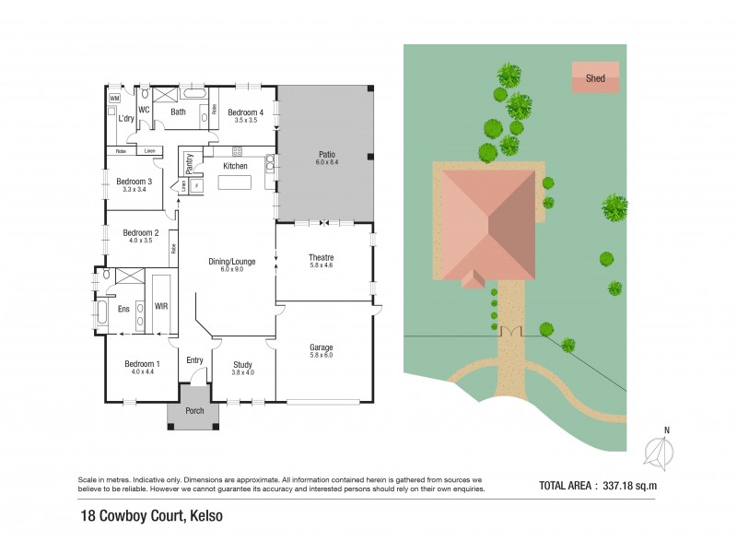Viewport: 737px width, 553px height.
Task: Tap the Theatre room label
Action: (x=322, y=257)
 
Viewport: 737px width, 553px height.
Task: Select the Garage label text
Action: (x=322, y=347)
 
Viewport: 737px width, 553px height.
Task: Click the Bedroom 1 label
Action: (x=143, y=364)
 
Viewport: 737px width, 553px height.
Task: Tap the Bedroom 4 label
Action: (x=246, y=112)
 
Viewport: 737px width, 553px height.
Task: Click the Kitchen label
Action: (x=236, y=166)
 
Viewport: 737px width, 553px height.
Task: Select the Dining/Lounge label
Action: (x=237, y=262)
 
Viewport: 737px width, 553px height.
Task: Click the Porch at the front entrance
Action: (x=194, y=411)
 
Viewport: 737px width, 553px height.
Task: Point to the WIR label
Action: (x=161, y=305)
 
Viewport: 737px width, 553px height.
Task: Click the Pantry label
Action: (x=190, y=163)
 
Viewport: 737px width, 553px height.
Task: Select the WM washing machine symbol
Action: (x=115, y=98)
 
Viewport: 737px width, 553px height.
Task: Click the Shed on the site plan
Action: (x=595, y=77)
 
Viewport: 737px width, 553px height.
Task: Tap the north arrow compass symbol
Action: (x=659, y=452)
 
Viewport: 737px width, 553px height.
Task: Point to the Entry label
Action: (x=194, y=360)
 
